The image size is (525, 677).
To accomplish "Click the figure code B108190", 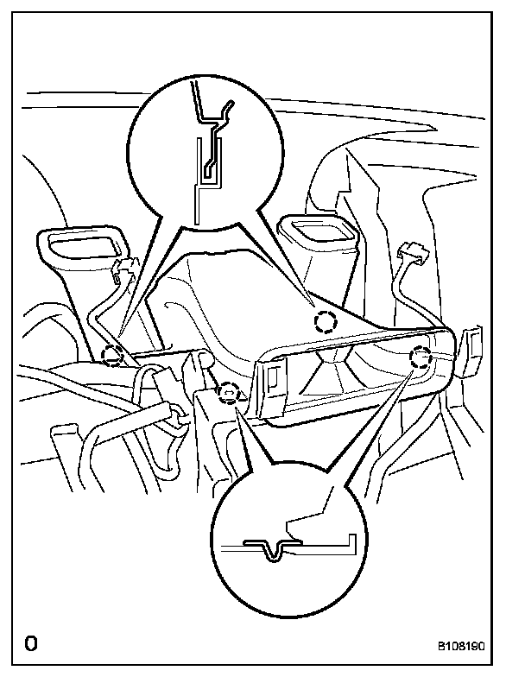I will click(x=473, y=644).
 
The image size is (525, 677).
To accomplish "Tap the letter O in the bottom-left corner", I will click(x=32, y=643).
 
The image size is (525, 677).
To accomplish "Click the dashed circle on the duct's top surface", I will click(x=324, y=322).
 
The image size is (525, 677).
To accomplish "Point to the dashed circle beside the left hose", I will click(x=112, y=354).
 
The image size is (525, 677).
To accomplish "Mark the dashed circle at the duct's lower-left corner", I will click(x=228, y=394).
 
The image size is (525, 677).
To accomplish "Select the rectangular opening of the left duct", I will click(x=82, y=242).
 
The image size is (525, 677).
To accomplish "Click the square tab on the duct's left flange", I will click(x=270, y=374).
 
